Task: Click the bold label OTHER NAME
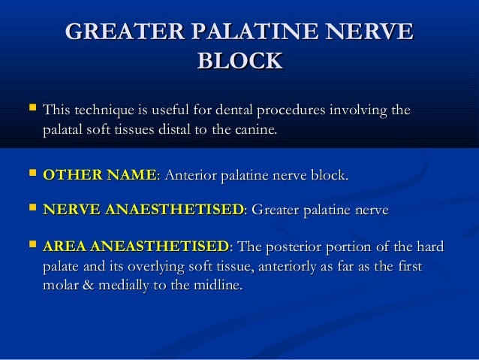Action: coord(100,176)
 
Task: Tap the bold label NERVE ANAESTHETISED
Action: coord(143,210)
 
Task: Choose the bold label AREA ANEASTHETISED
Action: coord(137,247)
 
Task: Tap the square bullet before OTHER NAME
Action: coord(30,175)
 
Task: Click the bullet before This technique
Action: coord(30,110)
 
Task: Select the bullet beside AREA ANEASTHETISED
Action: coord(30,247)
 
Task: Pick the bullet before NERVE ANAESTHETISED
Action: coord(30,210)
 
